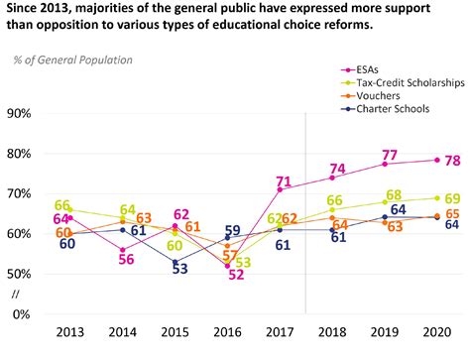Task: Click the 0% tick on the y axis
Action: (x=24, y=314)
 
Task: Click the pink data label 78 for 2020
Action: (x=452, y=161)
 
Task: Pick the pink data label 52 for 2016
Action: (x=236, y=276)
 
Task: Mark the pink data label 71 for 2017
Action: (x=283, y=181)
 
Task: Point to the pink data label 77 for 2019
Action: (x=390, y=155)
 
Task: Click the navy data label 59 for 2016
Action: (x=231, y=231)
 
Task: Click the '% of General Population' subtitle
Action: (x=72, y=60)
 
